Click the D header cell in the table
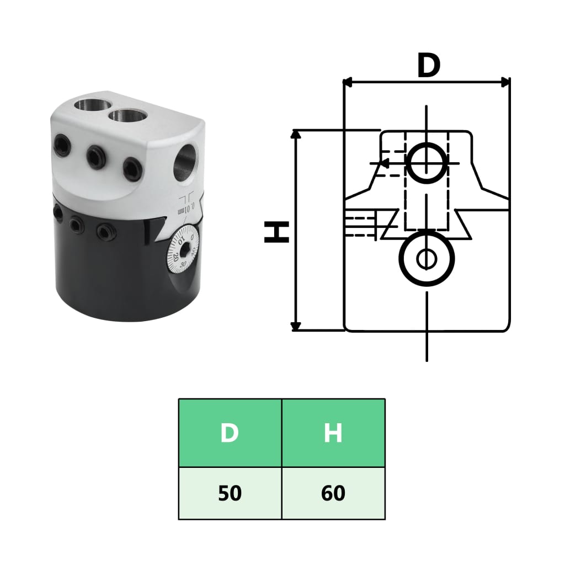(x=230, y=433)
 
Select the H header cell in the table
(x=333, y=433)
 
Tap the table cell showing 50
(x=230, y=493)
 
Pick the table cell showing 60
(x=333, y=493)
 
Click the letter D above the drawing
(x=428, y=66)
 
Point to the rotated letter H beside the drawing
(x=276, y=232)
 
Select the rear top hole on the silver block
(x=90, y=104)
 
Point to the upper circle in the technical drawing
(x=427, y=163)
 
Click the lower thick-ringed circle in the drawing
(x=427, y=257)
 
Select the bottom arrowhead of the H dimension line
(x=296, y=326)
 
